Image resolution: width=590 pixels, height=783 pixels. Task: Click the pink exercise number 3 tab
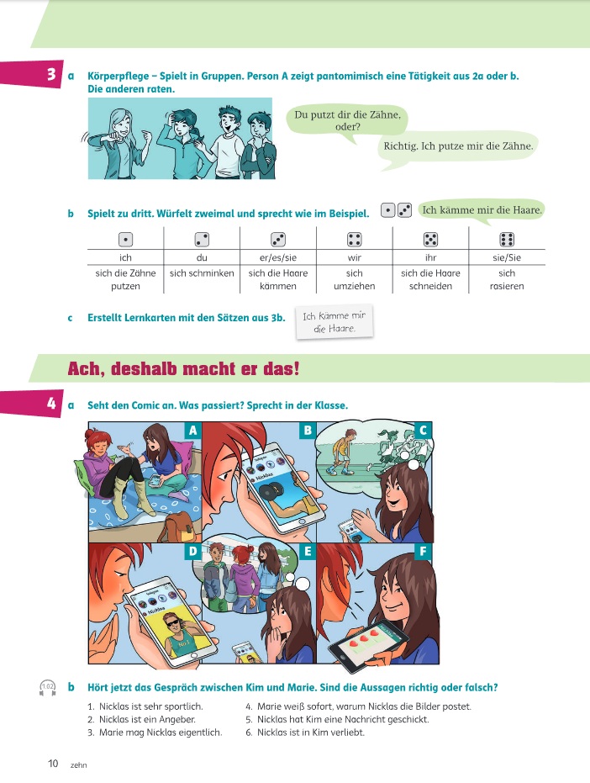tap(31, 74)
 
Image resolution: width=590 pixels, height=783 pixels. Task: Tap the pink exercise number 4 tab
tap(31, 403)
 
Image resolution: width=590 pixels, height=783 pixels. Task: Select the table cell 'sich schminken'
tap(202, 273)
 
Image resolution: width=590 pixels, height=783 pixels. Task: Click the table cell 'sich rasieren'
tap(507, 279)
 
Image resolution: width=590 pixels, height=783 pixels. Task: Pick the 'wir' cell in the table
tap(355, 257)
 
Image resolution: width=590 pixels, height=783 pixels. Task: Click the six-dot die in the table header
tap(507, 240)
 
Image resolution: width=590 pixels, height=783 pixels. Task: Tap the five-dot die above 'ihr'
tap(430, 240)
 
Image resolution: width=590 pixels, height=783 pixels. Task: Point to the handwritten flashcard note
tap(335, 322)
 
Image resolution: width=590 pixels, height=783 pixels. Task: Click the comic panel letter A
tap(192, 430)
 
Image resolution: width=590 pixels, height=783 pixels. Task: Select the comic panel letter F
tap(424, 552)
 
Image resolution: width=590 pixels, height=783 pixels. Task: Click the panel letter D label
tap(192, 552)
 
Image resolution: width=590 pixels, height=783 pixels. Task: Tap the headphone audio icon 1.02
tap(47, 688)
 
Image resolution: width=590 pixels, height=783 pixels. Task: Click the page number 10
tap(53, 764)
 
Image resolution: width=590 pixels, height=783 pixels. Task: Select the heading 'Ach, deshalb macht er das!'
tap(184, 368)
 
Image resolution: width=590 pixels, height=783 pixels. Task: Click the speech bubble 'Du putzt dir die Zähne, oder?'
tap(347, 121)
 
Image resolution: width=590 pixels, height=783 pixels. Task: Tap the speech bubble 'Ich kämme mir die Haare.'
tap(482, 210)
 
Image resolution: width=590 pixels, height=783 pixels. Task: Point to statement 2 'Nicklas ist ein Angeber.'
tap(142, 720)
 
